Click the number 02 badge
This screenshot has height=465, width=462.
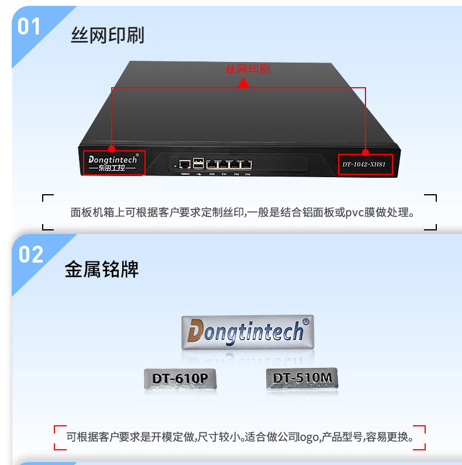tap(31, 254)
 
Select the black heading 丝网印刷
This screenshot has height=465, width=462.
tap(108, 35)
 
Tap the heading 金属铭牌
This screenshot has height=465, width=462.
tap(102, 269)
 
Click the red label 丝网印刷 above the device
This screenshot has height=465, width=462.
tap(248, 69)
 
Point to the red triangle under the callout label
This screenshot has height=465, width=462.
tap(244, 83)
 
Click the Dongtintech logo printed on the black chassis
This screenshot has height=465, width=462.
tap(113, 162)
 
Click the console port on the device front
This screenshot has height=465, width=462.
tap(185, 164)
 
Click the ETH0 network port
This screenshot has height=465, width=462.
tap(213, 165)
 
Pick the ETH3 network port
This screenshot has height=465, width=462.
tap(247, 165)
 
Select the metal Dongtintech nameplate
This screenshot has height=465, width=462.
tap(247, 332)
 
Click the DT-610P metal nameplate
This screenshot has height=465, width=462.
tap(180, 378)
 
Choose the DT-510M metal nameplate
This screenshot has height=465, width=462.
tap(302, 378)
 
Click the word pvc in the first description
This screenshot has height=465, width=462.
tap(356, 212)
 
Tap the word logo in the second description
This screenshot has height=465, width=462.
tap(305, 436)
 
